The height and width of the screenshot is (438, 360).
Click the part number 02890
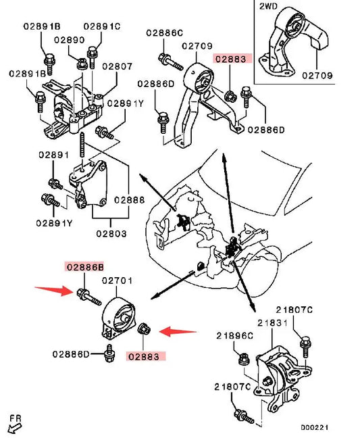click(x=69, y=40)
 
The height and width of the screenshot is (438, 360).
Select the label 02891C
click(x=102, y=26)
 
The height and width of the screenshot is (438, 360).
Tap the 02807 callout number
click(x=118, y=66)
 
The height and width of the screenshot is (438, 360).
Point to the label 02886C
click(x=165, y=32)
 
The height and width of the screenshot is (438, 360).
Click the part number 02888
click(x=130, y=200)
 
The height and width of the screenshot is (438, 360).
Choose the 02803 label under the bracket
click(x=111, y=233)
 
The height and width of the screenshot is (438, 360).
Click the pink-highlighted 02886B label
click(x=85, y=267)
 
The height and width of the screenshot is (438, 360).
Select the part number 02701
click(x=118, y=281)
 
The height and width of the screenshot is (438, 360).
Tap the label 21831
click(x=272, y=323)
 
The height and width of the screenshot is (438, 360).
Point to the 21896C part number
click(x=234, y=335)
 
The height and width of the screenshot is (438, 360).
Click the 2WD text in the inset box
click(x=268, y=6)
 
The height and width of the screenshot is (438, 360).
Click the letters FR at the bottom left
click(x=16, y=418)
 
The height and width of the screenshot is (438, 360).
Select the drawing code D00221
click(x=315, y=428)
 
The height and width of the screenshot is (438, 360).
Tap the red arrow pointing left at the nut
click(x=178, y=332)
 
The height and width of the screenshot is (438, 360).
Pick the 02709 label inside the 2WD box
click(x=317, y=76)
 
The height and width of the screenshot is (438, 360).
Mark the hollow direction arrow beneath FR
click(x=15, y=428)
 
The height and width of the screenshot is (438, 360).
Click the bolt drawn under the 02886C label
click(x=170, y=62)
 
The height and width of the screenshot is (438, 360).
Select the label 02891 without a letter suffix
click(x=53, y=155)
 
